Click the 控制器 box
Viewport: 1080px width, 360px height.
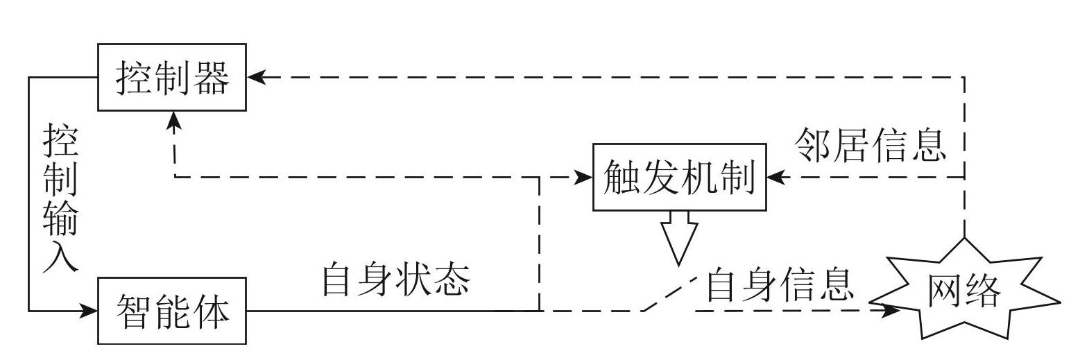(x=172, y=77)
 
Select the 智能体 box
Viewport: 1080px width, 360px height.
(x=172, y=311)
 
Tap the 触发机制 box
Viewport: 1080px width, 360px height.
(x=679, y=177)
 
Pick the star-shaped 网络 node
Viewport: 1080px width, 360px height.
(x=965, y=291)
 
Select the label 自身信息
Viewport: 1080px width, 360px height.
(x=778, y=284)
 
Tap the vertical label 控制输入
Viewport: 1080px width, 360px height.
(x=60, y=198)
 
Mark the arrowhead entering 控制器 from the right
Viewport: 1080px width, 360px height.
(x=256, y=77)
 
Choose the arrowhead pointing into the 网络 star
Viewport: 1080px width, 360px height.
(x=894, y=311)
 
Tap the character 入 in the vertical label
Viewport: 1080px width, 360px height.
(x=60, y=257)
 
